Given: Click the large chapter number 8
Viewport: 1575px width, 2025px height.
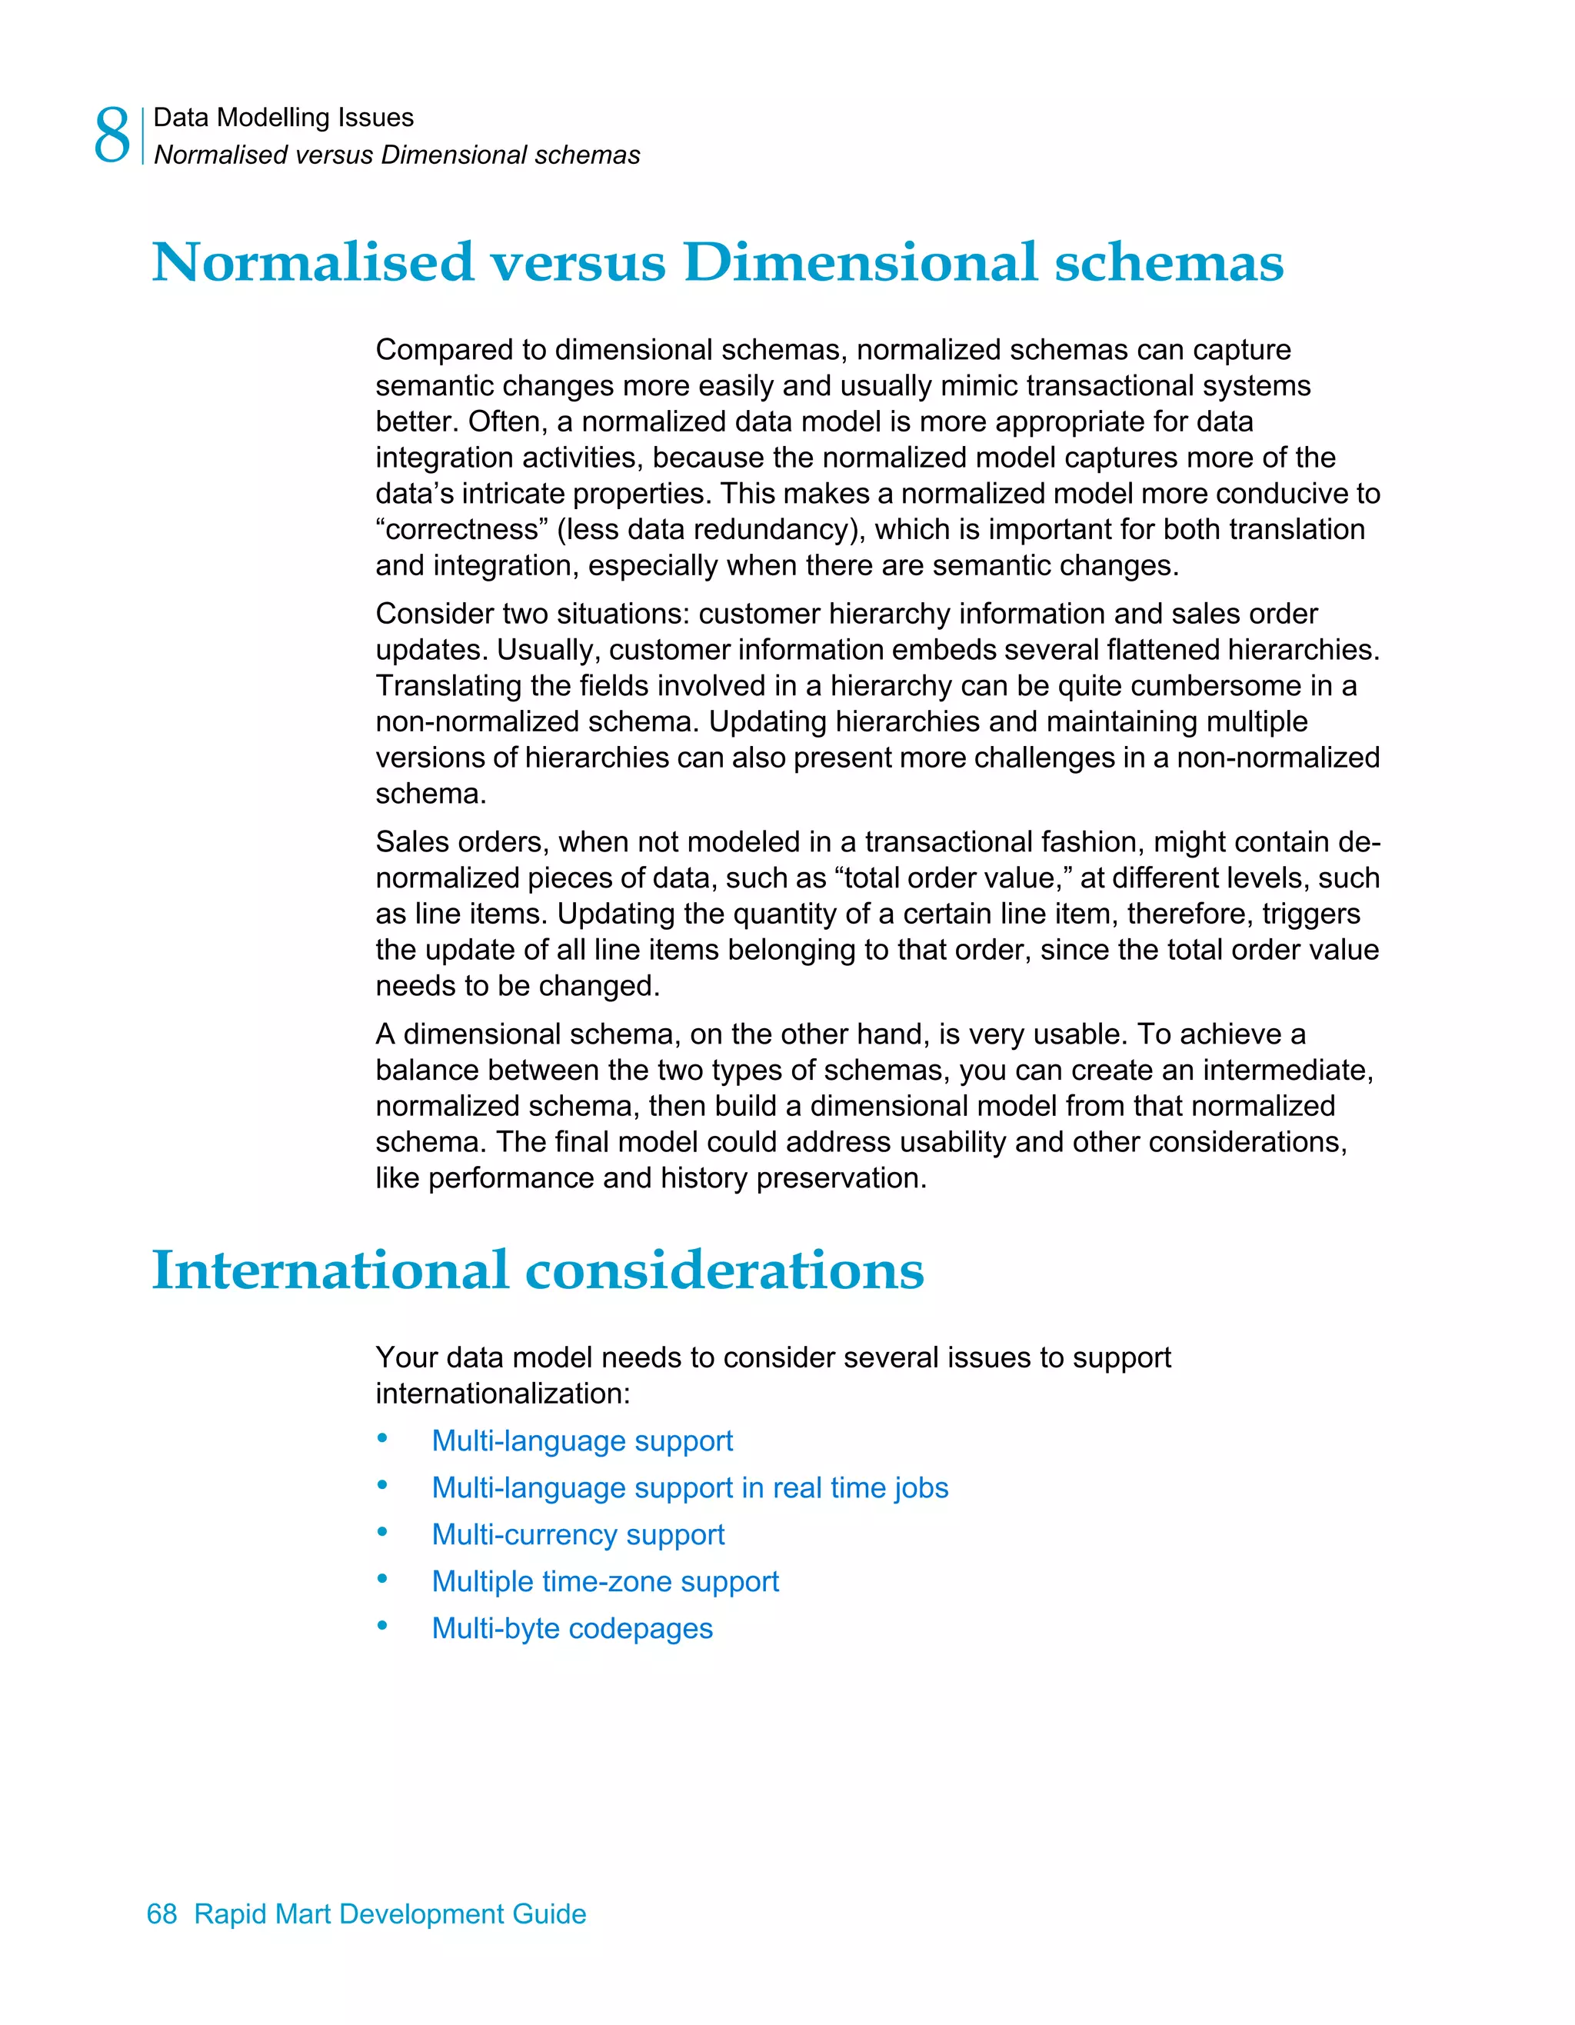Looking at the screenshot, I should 112,135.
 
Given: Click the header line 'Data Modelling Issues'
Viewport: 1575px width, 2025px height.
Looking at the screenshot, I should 283,118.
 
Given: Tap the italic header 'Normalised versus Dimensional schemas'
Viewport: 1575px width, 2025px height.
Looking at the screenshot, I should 396,155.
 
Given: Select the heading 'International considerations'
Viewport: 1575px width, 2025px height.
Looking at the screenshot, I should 538,1271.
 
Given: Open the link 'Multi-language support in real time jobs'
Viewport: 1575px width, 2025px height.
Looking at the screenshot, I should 690,1487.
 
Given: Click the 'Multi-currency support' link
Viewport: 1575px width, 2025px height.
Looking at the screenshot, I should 578,1534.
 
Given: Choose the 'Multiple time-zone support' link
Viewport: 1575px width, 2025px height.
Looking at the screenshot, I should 604,1581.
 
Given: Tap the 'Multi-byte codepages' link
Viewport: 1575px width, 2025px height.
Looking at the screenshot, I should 572,1628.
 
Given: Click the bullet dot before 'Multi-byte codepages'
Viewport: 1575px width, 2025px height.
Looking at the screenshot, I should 382,1627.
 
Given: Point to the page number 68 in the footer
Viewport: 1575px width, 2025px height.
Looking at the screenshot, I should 161,1913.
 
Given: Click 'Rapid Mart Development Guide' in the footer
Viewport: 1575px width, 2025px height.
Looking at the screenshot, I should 389,1913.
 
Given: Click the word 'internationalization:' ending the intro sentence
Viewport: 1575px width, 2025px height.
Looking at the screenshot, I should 502,1394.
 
